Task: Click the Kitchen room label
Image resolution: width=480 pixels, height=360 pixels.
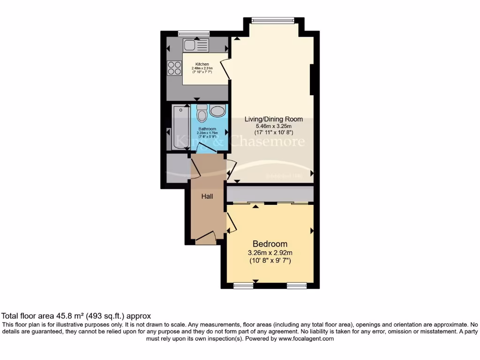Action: pyautogui.click(x=202, y=64)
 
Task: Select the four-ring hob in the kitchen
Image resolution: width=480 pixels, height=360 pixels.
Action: pyautogui.click(x=175, y=68)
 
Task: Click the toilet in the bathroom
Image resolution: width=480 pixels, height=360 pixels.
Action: pyautogui.click(x=202, y=114)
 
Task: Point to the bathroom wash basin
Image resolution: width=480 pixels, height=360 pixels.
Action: pyautogui.click(x=217, y=111)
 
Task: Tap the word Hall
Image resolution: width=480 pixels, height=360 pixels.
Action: pyautogui.click(x=207, y=196)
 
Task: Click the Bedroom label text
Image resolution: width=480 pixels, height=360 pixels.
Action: pyautogui.click(x=270, y=244)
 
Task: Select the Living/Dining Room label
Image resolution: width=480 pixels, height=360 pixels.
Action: pyautogui.click(x=274, y=119)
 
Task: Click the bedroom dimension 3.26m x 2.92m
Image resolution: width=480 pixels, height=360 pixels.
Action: pyautogui.click(x=270, y=253)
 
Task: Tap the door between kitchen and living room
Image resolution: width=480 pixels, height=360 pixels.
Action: pyautogui.click(x=225, y=70)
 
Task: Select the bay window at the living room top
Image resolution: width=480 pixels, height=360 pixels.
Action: pyautogui.click(x=272, y=20)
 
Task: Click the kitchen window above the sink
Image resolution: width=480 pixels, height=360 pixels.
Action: pyautogui.click(x=193, y=33)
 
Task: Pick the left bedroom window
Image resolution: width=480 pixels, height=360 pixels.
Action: pyautogui.click(x=243, y=285)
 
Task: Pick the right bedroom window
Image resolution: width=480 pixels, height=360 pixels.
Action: pyautogui.click(x=296, y=285)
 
